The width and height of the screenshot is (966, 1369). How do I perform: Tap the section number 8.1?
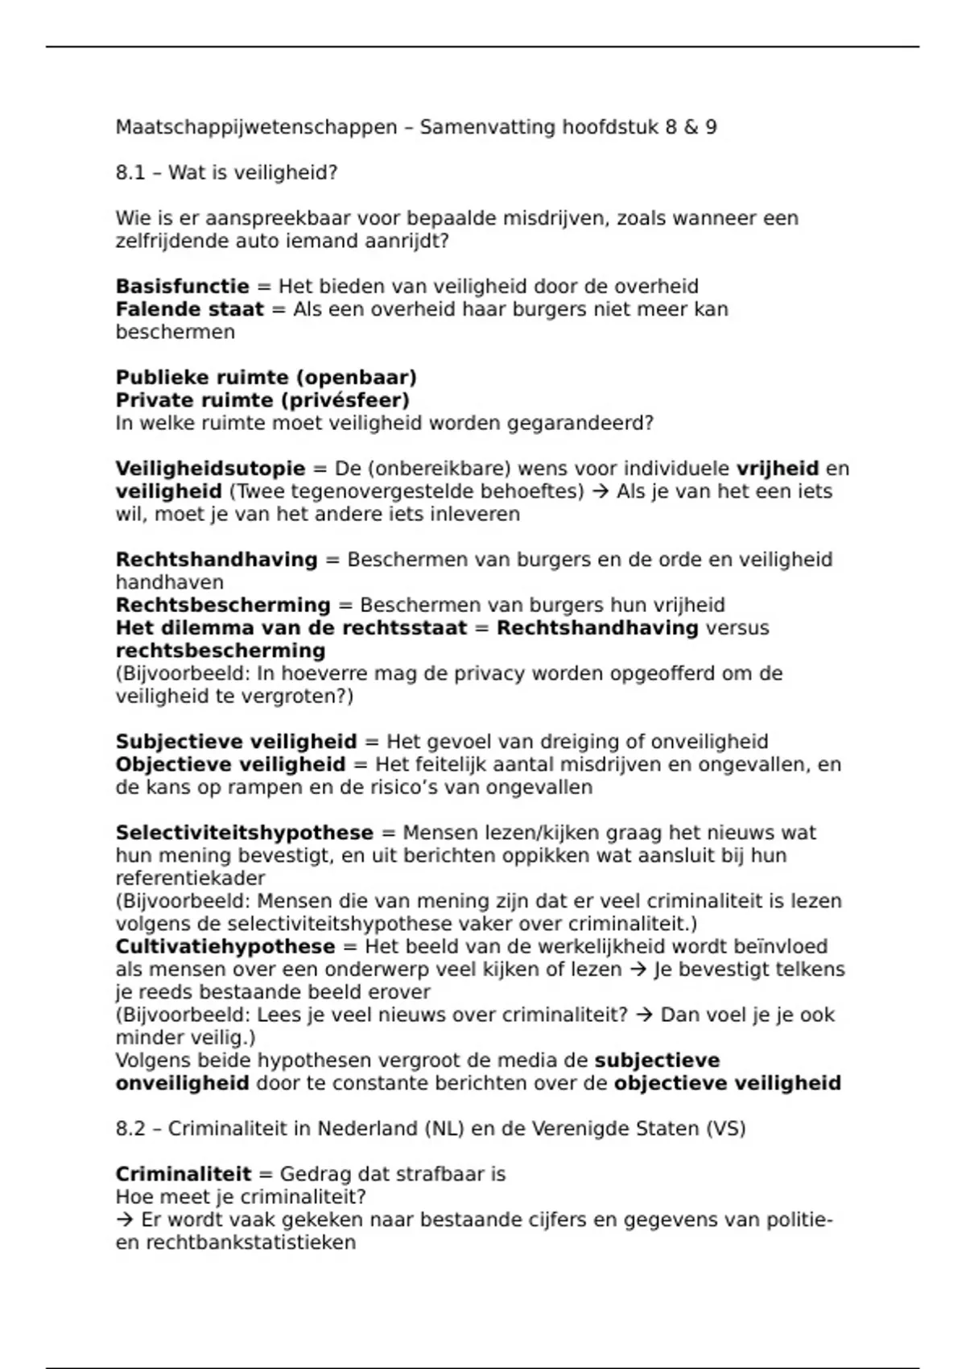[x=130, y=173]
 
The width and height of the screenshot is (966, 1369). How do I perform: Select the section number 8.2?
[x=130, y=1129]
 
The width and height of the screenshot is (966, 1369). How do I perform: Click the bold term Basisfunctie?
[x=182, y=287]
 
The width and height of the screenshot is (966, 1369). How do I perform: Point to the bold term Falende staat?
[x=189, y=309]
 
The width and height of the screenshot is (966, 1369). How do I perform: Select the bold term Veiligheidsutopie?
[x=210, y=469]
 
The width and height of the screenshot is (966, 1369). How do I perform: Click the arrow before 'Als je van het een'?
[x=600, y=491]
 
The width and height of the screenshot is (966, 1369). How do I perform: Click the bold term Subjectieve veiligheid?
[x=236, y=742]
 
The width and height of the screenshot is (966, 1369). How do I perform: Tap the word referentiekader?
[x=190, y=879]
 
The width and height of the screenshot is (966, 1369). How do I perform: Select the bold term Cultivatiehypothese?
[x=225, y=947]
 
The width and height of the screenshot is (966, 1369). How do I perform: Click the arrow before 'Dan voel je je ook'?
[x=643, y=1015]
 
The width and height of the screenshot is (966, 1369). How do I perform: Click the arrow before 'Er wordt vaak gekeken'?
[x=125, y=1220]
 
